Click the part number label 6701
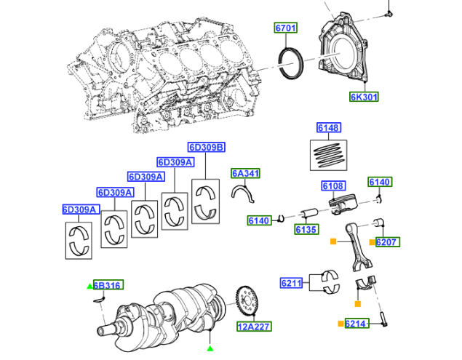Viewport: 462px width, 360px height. pos(286,28)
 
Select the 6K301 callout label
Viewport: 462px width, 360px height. pos(364,97)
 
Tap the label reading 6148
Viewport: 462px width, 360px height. pos(328,128)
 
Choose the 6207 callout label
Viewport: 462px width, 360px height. pos(387,241)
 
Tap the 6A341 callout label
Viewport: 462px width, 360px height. pos(245,173)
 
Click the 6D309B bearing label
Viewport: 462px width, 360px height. pos(206,146)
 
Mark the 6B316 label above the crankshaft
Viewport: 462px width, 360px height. pos(106,286)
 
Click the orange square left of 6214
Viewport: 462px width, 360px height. pos(340,323)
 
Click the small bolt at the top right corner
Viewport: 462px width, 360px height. pos(389,12)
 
